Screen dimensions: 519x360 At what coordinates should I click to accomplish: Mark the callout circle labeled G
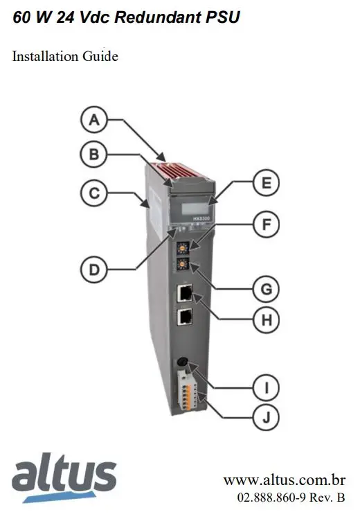(x=265, y=287)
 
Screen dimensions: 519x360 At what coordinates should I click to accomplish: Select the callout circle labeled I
(x=265, y=384)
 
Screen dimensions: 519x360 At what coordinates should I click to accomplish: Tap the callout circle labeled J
(x=265, y=417)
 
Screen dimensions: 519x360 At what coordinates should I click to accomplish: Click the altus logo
(x=64, y=477)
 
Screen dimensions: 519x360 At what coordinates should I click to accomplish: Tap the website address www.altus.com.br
(x=284, y=480)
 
